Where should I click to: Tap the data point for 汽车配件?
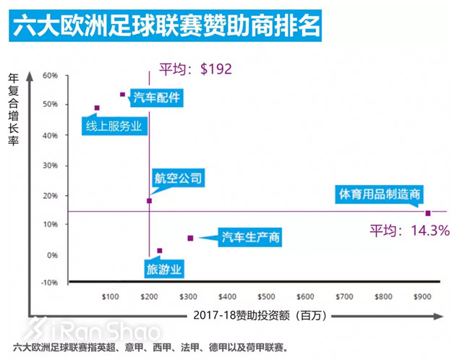(x=123, y=94)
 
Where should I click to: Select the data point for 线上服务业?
(x=97, y=108)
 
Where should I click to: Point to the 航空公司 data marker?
(x=149, y=200)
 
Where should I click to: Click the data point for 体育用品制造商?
(x=428, y=213)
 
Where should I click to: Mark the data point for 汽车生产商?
(x=190, y=238)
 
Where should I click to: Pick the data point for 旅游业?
(x=160, y=251)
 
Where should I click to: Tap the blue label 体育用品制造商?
(x=380, y=194)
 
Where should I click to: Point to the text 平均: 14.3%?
(x=410, y=231)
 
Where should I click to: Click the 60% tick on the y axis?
(x=50, y=75)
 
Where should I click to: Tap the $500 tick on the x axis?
(x=266, y=296)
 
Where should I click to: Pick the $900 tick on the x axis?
(x=422, y=296)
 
